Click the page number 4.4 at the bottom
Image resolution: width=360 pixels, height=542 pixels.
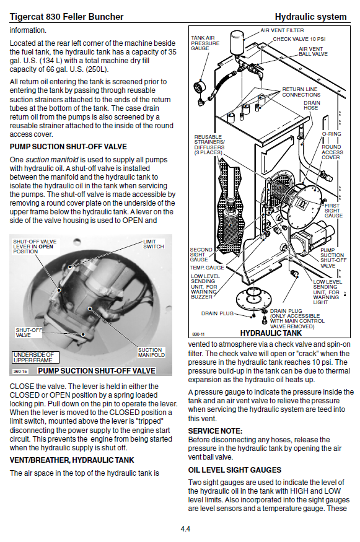pos(185,528)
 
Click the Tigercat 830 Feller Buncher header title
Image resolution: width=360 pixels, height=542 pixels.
pos(66,17)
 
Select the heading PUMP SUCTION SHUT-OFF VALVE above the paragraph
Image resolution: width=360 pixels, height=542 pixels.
pos(68,147)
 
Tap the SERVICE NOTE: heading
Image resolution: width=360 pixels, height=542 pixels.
pos(215,431)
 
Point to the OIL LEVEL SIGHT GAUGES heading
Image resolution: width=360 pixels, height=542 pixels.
pos(234,470)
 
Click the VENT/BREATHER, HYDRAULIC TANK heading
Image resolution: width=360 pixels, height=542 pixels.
pos(72,460)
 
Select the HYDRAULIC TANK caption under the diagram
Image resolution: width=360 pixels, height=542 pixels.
pos(271,333)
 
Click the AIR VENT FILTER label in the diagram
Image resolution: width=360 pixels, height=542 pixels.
pos(282,30)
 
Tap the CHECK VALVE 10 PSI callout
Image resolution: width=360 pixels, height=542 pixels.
pos(299,39)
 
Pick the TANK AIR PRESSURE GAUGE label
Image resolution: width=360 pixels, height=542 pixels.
pos(205,43)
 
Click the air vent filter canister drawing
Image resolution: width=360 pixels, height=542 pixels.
pos(237,42)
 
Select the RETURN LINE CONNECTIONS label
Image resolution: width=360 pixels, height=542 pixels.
pos(301,92)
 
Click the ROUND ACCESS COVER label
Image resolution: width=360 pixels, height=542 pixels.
pos(332,152)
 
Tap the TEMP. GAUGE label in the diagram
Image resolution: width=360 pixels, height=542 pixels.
pos(207,268)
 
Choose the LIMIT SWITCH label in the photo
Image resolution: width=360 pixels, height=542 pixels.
pos(154,244)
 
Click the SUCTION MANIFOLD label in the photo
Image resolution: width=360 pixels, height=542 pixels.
pos(151,352)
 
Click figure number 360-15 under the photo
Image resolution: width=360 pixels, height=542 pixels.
pos(20,371)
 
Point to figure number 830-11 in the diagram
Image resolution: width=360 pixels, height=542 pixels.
pos(198,334)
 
